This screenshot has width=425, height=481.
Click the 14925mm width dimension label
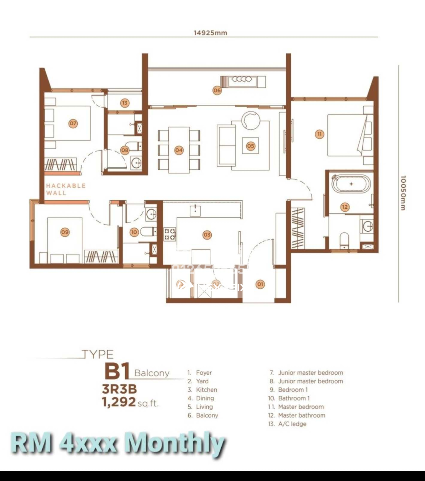click(x=210, y=33)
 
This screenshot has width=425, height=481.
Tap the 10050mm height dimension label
click(x=403, y=193)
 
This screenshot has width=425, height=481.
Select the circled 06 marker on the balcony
click(x=217, y=90)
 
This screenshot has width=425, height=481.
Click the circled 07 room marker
click(x=73, y=123)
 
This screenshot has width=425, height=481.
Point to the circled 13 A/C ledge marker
click(x=125, y=103)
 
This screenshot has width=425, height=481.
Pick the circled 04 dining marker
click(x=179, y=150)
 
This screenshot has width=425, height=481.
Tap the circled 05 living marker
click(x=251, y=146)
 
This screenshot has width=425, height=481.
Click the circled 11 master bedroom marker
click(x=319, y=134)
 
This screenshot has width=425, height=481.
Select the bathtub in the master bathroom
click(x=351, y=184)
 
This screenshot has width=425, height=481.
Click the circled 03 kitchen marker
click(x=207, y=235)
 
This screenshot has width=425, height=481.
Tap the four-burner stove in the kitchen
click(x=170, y=234)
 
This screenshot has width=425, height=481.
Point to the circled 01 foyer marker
click(x=260, y=284)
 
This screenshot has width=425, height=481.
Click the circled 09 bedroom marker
click(x=65, y=232)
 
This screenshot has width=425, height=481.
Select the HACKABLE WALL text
click(x=66, y=189)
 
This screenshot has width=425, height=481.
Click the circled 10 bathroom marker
click(x=134, y=232)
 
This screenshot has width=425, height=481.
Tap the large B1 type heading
click(x=117, y=371)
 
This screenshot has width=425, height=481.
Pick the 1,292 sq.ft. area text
click(x=130, y=402)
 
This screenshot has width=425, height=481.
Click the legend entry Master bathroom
click(x=301, y=415)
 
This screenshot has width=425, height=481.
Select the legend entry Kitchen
click(x=206, y=390)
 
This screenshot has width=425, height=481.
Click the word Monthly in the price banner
click(x=176, y=445)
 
